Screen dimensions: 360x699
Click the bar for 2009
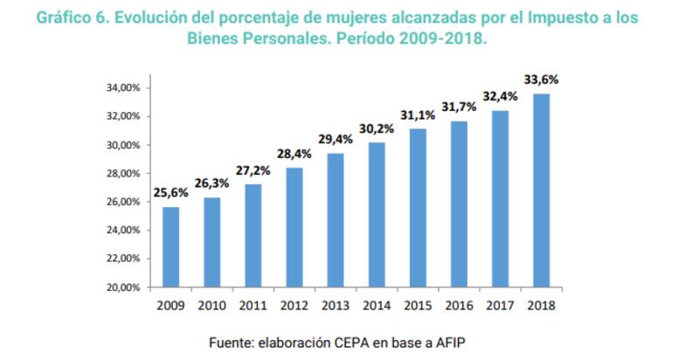tap(170, 246)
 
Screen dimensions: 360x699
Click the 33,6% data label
tap(542, 80)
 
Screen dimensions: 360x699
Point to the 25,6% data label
tap(170, 192)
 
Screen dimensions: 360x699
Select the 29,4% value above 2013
tap(336, 139)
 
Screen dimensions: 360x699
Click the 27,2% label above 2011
tap(253, 170)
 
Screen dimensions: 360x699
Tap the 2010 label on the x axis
tap(212, 305)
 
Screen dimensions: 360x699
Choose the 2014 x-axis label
tap(377, 305)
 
